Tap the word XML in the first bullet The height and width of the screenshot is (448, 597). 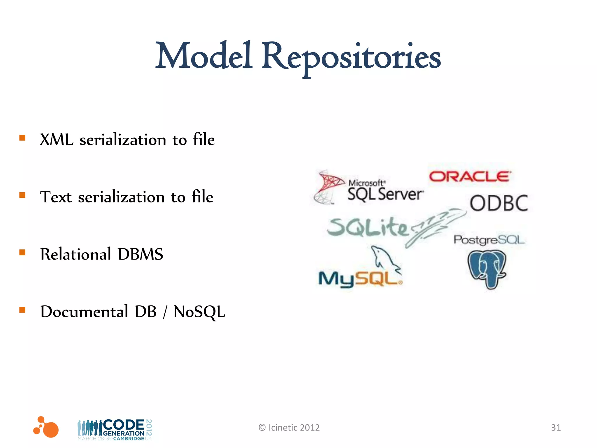click(x=56, y=139)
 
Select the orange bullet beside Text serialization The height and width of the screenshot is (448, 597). click(x=22, y=195)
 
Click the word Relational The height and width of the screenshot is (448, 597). click(x=75, y=254)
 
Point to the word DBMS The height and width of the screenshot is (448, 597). click(x=140, y=254)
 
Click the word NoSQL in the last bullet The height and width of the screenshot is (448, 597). click(x=199, y=312)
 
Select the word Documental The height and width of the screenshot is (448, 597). click(x=84, y=311)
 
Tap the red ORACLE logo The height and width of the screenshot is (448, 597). click(x=470, y=176)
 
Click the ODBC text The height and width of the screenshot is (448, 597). click(x=499, y=203)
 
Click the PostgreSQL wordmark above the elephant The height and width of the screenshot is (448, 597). click(x=489, y=240)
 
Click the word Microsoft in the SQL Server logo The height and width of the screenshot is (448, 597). click(x=366, y=183)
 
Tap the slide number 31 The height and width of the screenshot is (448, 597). click(x=556, y=427)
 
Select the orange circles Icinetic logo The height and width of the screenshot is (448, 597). click(x=47, y=427)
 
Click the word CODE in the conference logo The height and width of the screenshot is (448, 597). click(x=124, y=425)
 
